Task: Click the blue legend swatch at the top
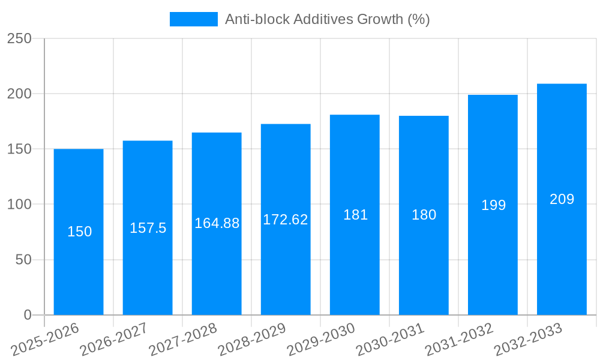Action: tap(193, 19)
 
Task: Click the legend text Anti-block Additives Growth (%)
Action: tap(327, 19)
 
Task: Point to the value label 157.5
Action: tap(148, 228)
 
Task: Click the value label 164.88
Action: tap(217, 223)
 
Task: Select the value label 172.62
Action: tap(286, 220)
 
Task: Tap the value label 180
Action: tap(424, 215)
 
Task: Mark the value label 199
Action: tap(493, 205)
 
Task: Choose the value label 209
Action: tap(562, 199)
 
